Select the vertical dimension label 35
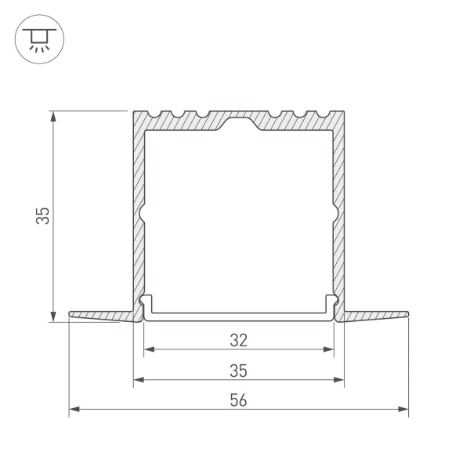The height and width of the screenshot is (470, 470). pos(45,215)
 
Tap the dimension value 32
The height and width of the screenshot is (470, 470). pos(239,340)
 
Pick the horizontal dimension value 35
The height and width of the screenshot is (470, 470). pos(239,370)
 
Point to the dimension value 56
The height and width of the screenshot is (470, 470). pos(239,399)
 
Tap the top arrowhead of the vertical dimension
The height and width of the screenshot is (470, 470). pos(53,115)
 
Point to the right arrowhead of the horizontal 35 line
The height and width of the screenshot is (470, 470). pos(340,381)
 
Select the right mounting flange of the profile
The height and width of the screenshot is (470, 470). pos(376,316)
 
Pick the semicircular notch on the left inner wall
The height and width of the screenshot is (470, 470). pos(143,213)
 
